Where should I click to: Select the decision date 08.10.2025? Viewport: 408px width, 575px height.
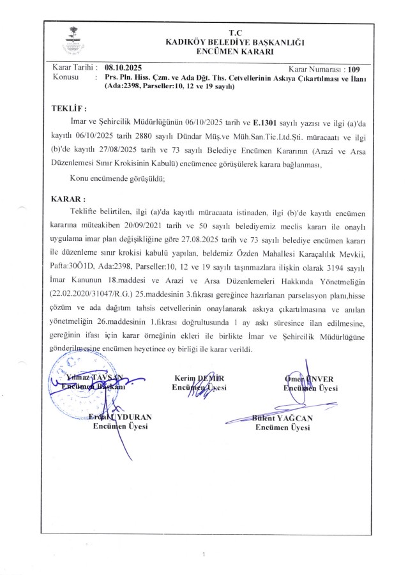point(124,67)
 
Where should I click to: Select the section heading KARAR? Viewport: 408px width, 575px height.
point(68,199)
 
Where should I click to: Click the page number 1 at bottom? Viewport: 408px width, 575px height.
point(203,554)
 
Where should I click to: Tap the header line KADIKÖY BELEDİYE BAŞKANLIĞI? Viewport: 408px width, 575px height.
point(235,41)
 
